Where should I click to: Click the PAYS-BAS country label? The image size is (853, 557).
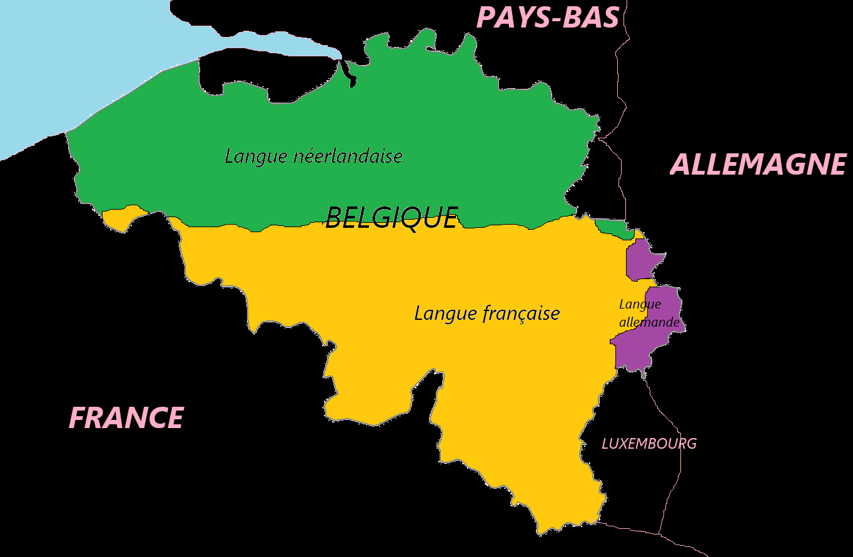coord(548,18)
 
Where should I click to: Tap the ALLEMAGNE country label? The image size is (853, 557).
coord(758,165)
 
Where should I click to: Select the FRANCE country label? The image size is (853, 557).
coord(126,418)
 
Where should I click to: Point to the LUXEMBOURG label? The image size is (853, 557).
coord(649,444)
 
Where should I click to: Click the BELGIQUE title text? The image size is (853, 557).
coord(392,218)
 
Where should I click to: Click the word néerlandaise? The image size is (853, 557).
coord(348,156)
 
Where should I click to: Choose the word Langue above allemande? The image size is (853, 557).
coord(640,304)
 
